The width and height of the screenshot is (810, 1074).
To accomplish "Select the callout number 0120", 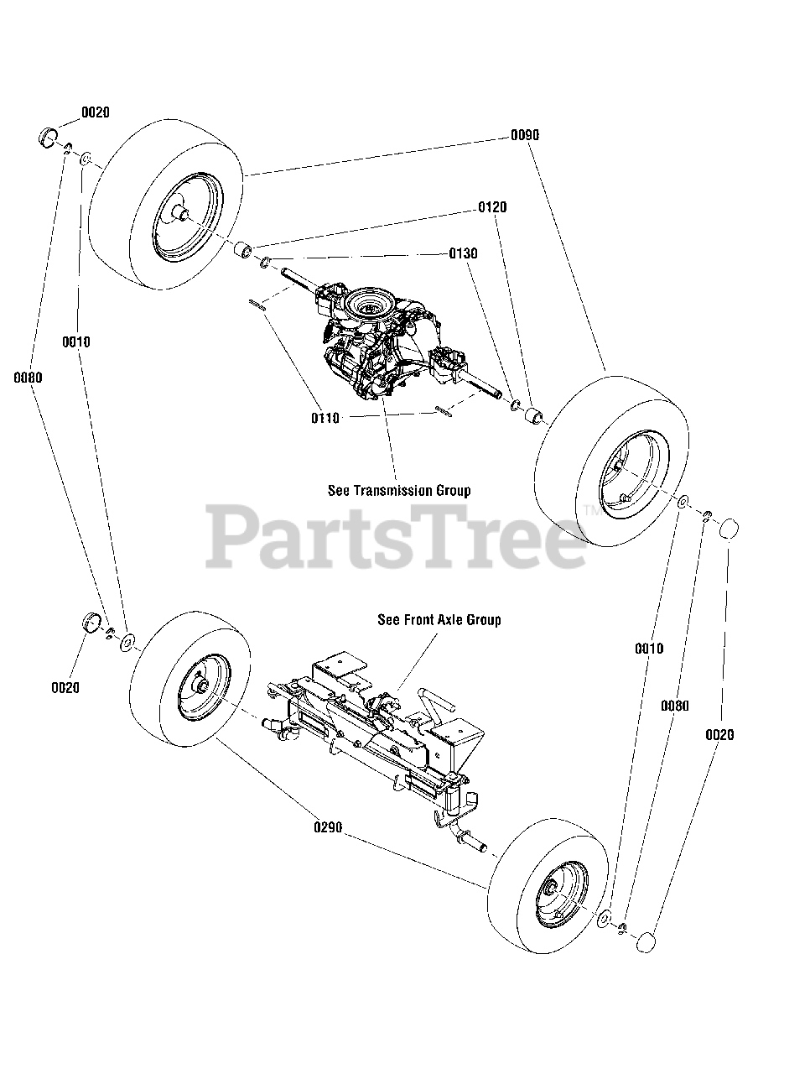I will pyautogui.click(x=492, y=207).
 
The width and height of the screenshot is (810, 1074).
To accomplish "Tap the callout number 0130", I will pyautogui.click(x=463, y=253).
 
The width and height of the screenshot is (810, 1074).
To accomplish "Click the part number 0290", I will pyautogui.click(x=328, y=827).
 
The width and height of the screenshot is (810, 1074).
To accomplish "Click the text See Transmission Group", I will pyautogui.click(x=398, y=490).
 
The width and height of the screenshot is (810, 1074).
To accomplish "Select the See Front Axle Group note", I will pyautogui.click(x=439, y=620).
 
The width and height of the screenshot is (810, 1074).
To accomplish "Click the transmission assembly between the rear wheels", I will pyautogui.click(x=382, y=344).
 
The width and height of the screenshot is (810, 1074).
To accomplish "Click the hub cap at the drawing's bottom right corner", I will pyautogui.click(x=646, y=941).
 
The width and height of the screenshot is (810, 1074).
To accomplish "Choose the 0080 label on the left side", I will pyautogui.click(x=28, y=378).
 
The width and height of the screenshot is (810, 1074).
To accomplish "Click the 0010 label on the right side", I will pyautogui.click(x=648, y=648).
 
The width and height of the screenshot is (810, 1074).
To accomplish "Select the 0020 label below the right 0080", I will pyautogui.click(x=719, y=735).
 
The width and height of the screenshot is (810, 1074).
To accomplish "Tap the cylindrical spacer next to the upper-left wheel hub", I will pyautogui.click(x=242, y=250).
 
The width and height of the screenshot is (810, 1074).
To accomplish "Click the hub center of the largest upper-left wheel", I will pyautogui.click(x=178, y=213).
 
